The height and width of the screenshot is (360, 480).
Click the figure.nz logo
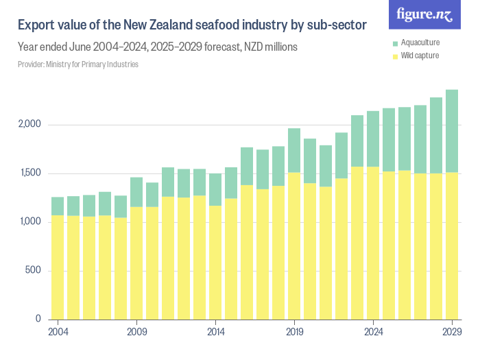click(425, 14)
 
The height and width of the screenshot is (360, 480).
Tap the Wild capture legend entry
click(418, 55)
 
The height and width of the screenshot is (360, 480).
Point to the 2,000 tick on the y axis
click(30, 125)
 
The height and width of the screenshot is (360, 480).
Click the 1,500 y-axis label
click(30, 173)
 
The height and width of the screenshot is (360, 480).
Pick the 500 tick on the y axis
click(34, 270)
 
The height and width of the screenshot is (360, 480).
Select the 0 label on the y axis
click(39, 319)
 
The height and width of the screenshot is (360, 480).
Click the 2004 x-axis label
click(58, 332)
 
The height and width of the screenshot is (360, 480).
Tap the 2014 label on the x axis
click(215, 332)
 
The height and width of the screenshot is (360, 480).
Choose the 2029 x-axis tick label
click(452, 332)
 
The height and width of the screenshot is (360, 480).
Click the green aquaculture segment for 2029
click(452, 130)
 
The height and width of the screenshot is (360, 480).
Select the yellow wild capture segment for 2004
click(58, 267)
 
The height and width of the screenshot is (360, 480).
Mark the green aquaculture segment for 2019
click(294, 150)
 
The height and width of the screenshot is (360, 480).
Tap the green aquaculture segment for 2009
click(136, 192)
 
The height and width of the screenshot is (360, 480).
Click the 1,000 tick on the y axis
click(30, 221)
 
